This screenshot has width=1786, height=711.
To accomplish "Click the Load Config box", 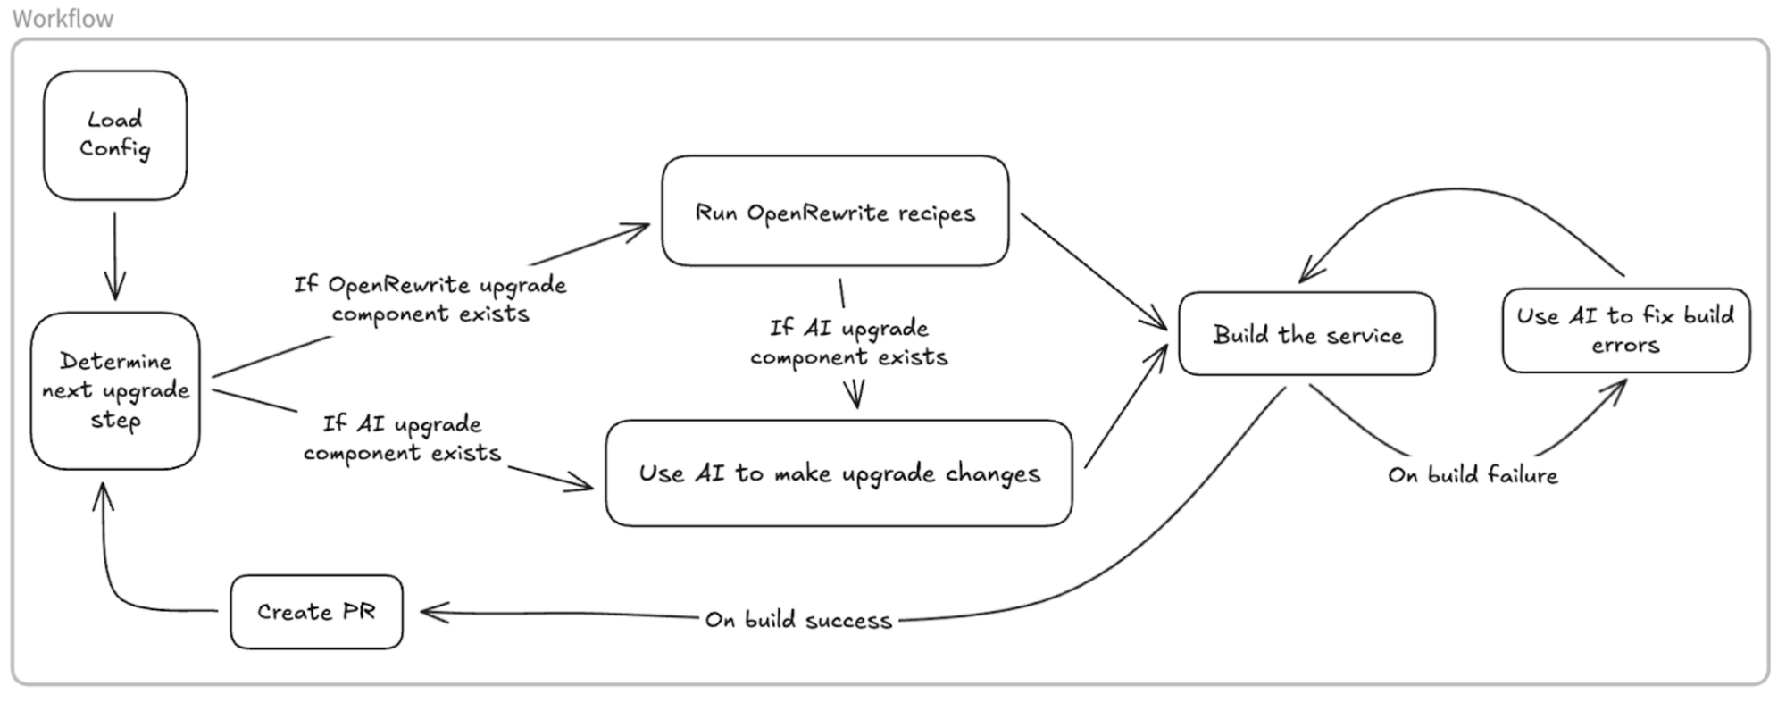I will pos(115,135).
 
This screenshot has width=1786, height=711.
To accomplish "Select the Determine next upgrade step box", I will pos(115,390).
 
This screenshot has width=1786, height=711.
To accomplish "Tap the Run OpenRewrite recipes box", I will pos(835,212).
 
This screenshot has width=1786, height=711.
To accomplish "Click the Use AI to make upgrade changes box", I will pos(839,473).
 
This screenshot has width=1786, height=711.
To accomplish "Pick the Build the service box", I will pos(1306,334).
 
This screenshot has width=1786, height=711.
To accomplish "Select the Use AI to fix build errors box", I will pos(1625,330).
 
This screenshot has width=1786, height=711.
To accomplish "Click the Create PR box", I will pos(316,612).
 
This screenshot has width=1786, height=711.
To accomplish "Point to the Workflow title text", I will pos(63,19).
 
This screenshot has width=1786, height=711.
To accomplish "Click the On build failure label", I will pos(1473,475).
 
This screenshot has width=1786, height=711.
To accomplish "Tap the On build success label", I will pos(798,620).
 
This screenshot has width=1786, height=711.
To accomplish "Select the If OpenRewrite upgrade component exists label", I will pos(430,299).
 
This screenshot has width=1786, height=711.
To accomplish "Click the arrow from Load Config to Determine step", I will pos(114,255).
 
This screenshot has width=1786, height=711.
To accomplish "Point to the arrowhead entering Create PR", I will pos(432,613).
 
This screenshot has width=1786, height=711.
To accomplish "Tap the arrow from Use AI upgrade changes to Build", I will pos(1125,406).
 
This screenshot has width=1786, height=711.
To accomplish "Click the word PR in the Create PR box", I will pos(358,612).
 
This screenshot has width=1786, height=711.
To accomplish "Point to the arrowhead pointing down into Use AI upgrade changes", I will pos(856,395).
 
